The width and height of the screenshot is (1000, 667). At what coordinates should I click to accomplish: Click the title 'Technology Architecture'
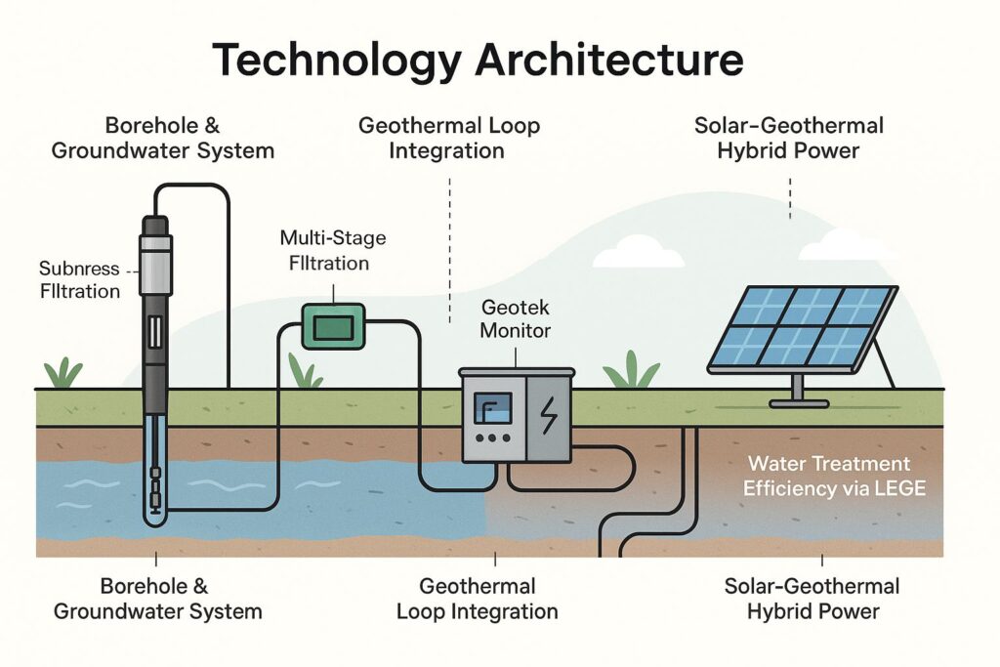click(x=478, y=61)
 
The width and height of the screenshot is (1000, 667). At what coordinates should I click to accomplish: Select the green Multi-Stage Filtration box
click(x=333, y=325)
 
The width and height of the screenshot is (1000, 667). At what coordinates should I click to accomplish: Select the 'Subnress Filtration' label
click(x=80, y=279)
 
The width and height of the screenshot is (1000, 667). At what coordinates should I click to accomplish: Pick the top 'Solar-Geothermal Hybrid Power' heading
click(x=789, y=138)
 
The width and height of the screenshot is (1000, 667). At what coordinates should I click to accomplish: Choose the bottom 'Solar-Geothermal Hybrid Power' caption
click(x=812, y=599)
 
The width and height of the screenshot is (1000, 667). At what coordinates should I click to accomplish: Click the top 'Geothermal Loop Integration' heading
click(x=449, y=138)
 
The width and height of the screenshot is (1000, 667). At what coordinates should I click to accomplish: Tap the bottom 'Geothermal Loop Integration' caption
click(x=477, y=599)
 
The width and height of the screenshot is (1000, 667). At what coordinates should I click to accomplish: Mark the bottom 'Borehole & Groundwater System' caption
click(x=157, y=599)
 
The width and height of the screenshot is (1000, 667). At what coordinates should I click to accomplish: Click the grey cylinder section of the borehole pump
click(x=155, y=265)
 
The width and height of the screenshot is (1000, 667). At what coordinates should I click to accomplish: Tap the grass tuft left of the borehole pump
click(x=64, y=374)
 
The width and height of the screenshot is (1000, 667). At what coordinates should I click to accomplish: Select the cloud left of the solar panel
click(x=639, y=253)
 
